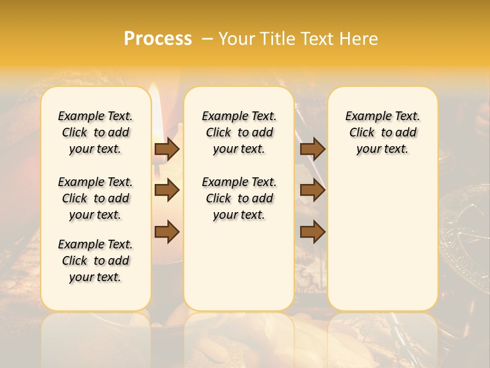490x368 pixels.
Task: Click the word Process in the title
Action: (x=158, y=39)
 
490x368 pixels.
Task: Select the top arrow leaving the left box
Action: (x=167, y=149)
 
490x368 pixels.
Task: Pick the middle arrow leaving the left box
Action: (x=167, y=190)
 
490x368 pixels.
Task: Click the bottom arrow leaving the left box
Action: (x=167, y=232)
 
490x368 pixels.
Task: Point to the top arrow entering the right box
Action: (x=312, y=149)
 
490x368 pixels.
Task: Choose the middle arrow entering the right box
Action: (x=312, y=190)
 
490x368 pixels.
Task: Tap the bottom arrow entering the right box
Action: (x=312, y=232)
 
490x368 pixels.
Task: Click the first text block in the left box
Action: (x=95, y=132)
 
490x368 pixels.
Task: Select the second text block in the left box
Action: (x=95, y=198)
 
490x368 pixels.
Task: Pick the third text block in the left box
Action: (x=95, y=261)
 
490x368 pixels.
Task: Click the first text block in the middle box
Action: (x=239, y=132)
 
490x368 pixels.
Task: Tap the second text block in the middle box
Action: (x=239, y=198)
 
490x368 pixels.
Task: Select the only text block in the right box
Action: (x=382, y=132)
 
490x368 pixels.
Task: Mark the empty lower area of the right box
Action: (x=382, y=240)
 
